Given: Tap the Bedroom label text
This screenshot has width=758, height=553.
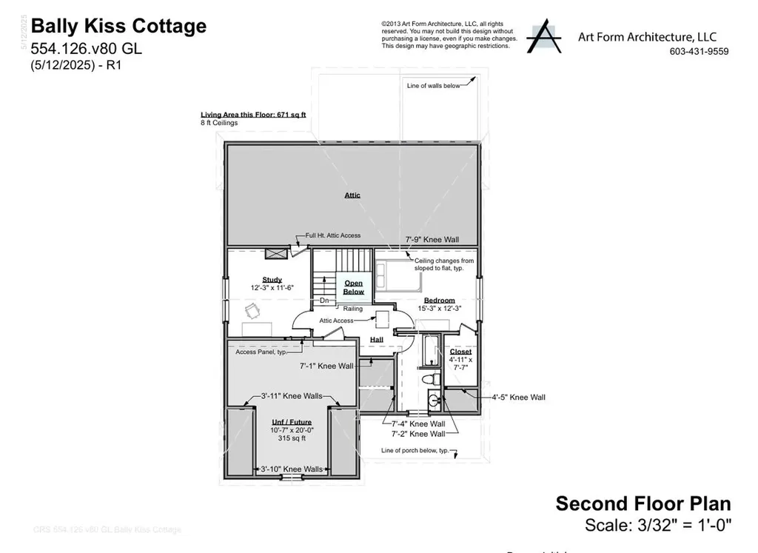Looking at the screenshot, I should point(439,300).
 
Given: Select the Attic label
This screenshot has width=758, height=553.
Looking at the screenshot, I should point(352,195).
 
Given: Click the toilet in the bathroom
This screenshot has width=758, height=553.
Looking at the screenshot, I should point(428,379).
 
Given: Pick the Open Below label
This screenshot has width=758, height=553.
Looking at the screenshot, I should point(353,287).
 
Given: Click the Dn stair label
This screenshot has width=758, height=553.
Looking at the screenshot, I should point(324,301).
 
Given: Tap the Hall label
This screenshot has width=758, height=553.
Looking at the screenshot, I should point(376,340).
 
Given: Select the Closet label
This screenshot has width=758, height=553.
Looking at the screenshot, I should point(460,352).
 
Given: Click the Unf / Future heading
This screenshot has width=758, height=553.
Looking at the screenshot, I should point(290,422).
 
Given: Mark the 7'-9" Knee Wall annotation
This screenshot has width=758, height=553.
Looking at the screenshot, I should point(432,240).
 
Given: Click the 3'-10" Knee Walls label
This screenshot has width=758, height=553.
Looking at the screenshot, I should point(292,469).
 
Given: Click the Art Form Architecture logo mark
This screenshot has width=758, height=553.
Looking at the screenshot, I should point(544,36).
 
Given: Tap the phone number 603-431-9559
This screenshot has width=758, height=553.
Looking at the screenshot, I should point(698,51).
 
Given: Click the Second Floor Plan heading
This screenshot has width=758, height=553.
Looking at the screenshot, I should point(643,504).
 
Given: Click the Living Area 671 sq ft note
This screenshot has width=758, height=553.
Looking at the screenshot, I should point(253,115).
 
